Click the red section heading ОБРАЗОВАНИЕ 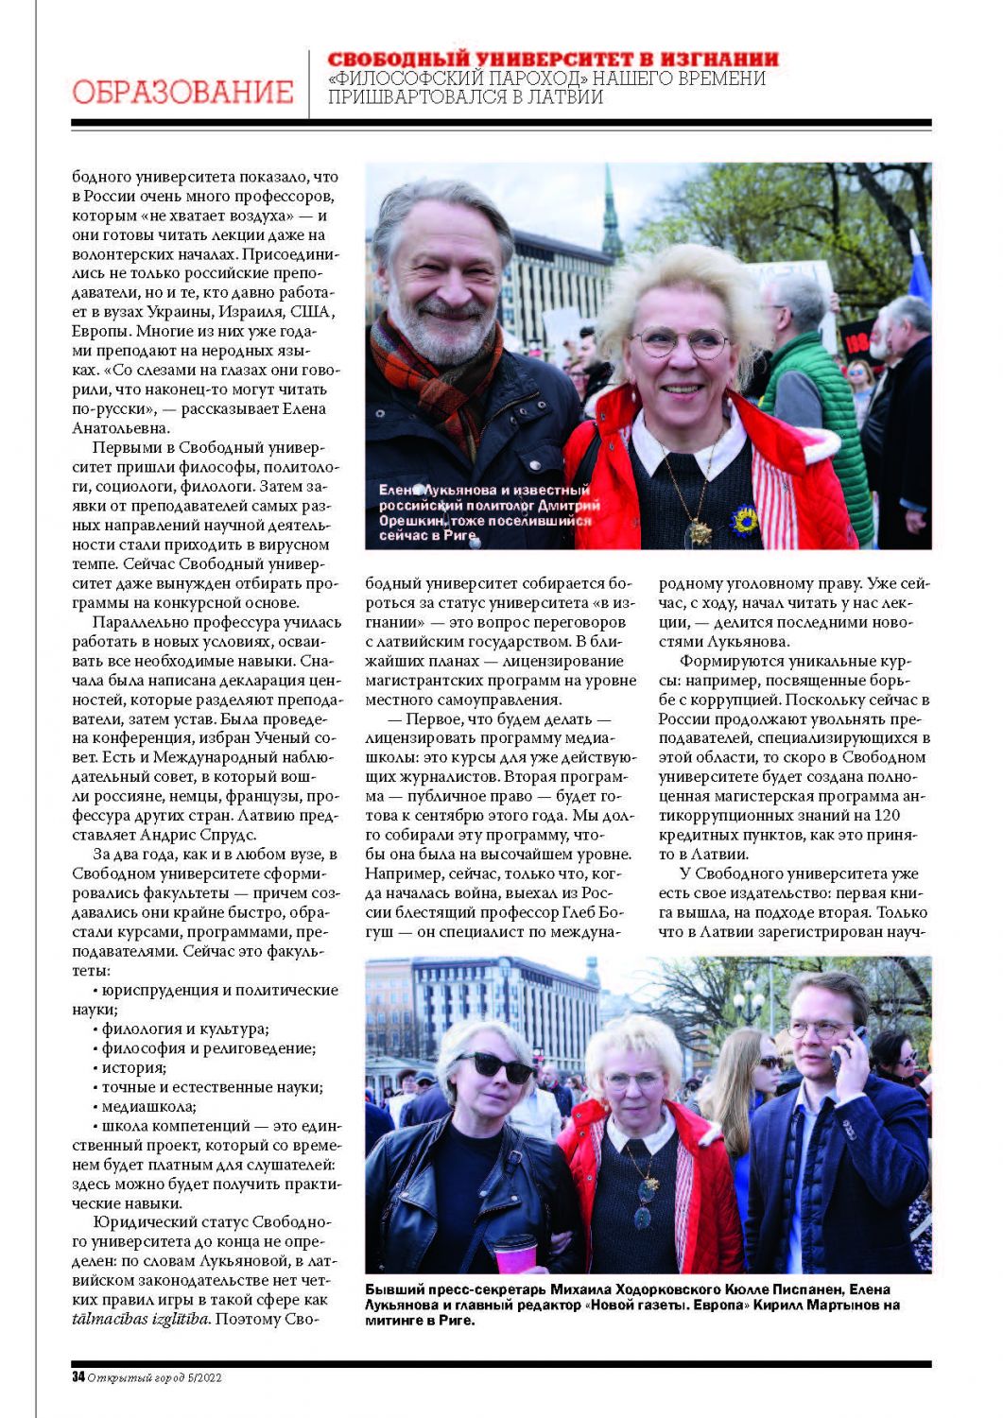click(182, 92)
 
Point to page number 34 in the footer click(78, 1376)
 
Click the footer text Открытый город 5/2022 click(155, 1377)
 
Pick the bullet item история click(133, 1067)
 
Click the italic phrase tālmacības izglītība click(141, 1319)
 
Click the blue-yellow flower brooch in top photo click(744, 519)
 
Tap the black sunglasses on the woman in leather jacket click(495, 1066)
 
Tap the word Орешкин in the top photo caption click(416, 521)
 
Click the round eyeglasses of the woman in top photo click(680, 342)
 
